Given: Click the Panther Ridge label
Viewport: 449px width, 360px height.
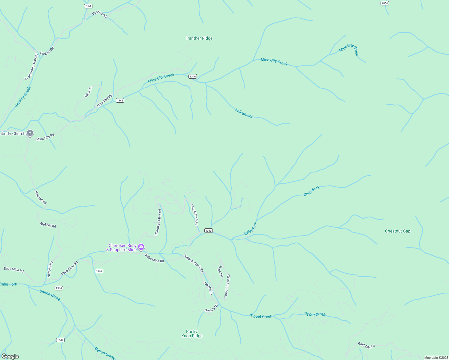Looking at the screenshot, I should (199, 38).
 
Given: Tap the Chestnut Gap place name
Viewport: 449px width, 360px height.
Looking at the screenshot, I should (397, 231).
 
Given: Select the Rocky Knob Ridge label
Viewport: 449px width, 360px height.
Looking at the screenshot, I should (192, 334).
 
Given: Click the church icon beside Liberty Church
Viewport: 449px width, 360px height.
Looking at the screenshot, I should (30, 133).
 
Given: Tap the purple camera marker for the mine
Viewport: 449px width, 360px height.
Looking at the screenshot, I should (141, 247).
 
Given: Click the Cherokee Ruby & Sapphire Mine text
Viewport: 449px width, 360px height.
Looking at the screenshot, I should (122, 247).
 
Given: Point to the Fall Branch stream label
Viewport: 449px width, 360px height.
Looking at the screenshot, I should (244, 113).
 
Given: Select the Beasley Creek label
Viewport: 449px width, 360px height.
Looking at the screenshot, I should (23, 97).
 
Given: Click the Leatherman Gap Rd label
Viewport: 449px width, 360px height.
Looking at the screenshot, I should (32, 67).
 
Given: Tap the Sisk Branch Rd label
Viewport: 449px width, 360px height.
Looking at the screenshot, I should (194, 214).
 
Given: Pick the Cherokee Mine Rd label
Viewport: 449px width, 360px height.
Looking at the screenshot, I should (158, 222).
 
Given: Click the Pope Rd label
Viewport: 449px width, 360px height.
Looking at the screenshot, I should (221, 271).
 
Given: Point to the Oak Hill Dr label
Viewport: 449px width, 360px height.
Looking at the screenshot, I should (208, 288).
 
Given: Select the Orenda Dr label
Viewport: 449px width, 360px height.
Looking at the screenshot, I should (211, 308).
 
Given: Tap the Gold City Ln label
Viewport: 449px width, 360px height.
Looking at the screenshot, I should (366, 345).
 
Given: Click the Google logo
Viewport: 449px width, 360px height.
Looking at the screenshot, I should (10, 356).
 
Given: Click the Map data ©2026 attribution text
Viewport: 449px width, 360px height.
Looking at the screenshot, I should (436, 358).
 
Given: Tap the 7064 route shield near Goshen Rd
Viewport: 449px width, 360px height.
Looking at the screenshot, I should (88, 6).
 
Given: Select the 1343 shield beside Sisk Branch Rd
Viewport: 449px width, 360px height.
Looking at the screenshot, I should (209, 231).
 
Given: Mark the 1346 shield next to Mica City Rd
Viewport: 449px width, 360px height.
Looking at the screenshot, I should (120, 100).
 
